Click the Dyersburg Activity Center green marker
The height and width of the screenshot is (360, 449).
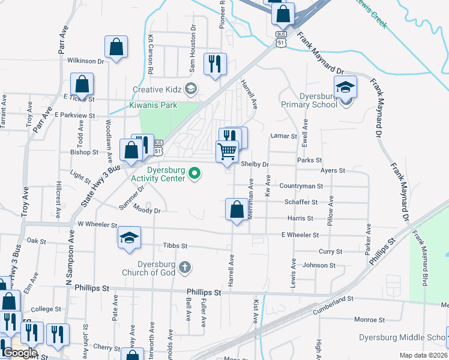click(194, 174)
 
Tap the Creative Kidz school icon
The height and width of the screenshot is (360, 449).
click(191, 89)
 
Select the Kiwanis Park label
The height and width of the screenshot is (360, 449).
click(152, 106)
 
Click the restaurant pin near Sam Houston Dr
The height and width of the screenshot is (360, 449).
click(215, 64)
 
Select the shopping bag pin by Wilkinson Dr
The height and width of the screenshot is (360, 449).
click(116, 47)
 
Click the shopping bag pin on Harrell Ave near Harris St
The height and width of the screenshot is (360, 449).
click(237, 209)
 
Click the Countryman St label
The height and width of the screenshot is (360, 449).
click(301, 186)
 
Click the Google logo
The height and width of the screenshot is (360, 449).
click(19, 353)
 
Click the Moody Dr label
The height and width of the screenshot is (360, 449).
click(147, 211)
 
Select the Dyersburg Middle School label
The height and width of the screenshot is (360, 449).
click(403, 337)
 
